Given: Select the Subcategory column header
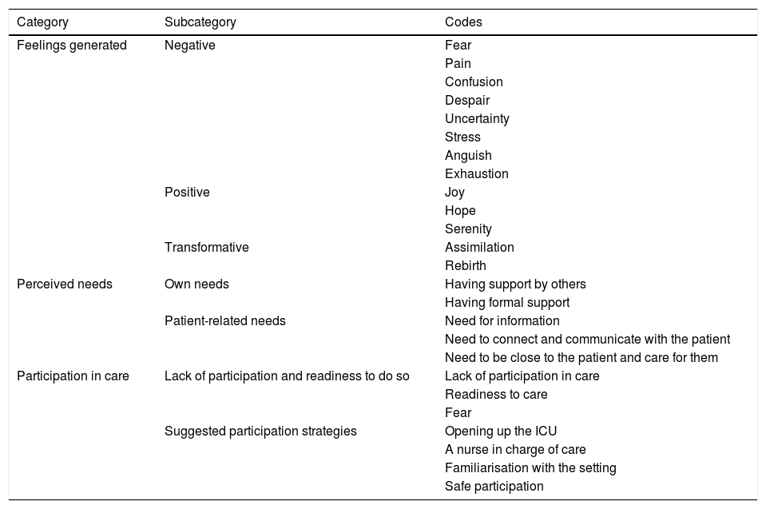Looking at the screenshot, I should pos(200,22).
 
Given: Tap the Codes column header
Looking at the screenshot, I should pos(463,22).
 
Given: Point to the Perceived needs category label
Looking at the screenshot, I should pos(65,284).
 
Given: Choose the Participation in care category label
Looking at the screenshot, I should pos(73,376).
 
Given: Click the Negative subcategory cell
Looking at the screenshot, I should pos(189,46).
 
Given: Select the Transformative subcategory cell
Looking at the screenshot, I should pos(206,248).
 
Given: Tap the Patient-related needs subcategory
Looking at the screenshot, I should pos(224,321).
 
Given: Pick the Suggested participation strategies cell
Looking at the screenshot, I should pos(260,431).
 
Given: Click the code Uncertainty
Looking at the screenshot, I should pos(477,119).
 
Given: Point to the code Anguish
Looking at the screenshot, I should pos(468,156).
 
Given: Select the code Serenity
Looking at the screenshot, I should pos(468,229).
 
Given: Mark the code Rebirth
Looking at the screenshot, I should pos(465,266).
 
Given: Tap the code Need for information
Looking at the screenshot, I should pos(502,321).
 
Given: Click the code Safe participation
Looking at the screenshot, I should pos(494,487).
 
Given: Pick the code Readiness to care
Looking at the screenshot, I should pos(496,395).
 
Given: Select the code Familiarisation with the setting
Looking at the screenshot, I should pos(530,468).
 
